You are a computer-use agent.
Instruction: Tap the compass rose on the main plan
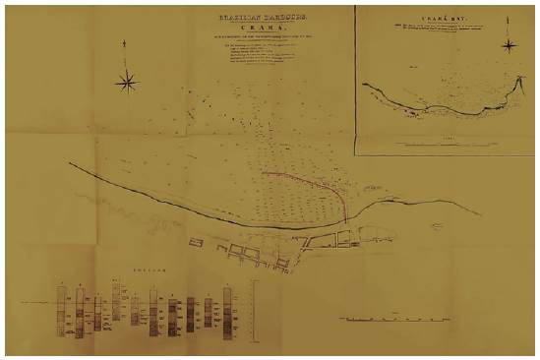point(127,83)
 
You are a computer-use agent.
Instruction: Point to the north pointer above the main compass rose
point(127,45)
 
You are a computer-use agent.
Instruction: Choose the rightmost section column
point(228,314)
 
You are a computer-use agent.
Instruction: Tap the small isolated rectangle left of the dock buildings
point(192,239)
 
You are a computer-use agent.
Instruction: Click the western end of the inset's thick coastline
point(365,85)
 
